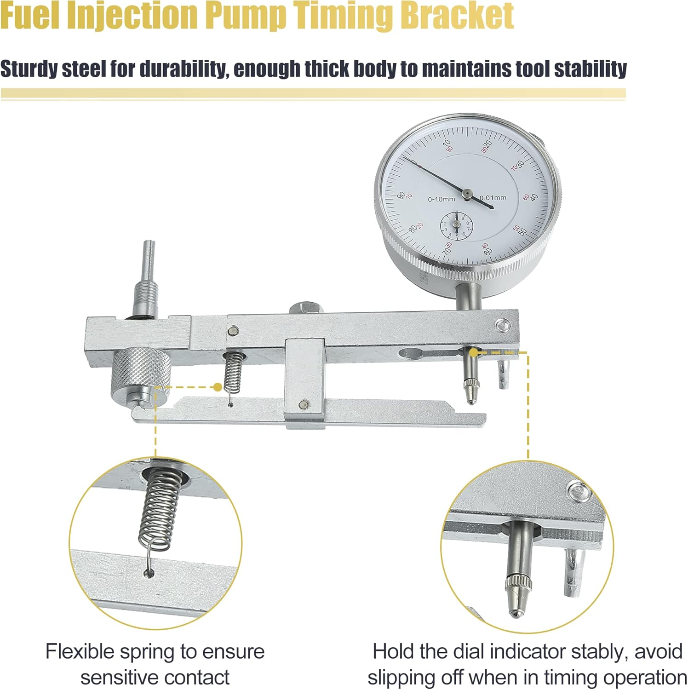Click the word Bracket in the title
457,15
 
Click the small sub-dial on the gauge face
457,224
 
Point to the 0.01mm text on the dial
493,198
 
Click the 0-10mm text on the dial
441,199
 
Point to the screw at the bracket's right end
503,325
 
